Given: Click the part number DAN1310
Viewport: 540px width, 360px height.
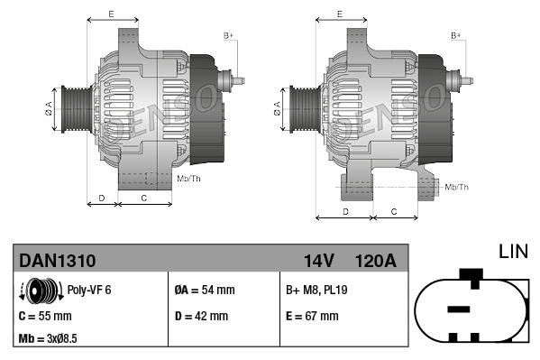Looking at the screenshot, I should point(58,261).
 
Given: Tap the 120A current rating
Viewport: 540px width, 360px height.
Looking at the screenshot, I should point(376,261).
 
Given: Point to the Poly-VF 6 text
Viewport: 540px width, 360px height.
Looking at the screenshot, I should point(90,291).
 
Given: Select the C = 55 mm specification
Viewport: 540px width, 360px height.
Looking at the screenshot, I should point(45,316).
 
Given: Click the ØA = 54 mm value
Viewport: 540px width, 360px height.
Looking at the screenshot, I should point(204,291).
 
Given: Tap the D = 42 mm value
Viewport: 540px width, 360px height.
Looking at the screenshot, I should point(201,316).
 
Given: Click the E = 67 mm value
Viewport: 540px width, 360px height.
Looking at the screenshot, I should point(312,316).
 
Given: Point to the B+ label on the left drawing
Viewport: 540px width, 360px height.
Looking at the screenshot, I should point(229,35).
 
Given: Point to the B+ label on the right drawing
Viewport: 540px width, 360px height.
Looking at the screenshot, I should point(456,35).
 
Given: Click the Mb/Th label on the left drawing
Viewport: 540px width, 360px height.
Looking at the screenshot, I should point(189,180).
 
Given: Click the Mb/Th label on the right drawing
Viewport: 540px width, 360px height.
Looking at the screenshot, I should point(456,187).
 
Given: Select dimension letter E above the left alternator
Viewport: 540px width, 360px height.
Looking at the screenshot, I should point(110,14).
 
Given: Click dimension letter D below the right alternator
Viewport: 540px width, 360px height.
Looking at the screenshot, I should point(345,211).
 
